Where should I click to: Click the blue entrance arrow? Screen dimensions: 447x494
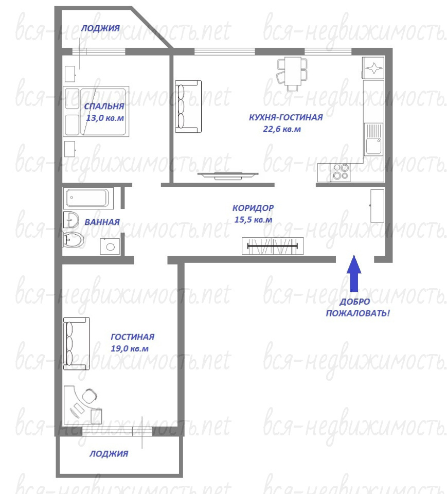pyautogui.click(x=354, y=273)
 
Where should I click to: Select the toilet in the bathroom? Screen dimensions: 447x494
pyautogui.click(x=74, y=240)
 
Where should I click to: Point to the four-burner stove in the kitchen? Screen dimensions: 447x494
pyautogui.click(x=340, y=172)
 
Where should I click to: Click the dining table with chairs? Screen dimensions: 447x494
pyautogui.click(x=292, y=74)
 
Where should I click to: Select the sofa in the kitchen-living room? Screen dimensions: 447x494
pyautogui.click(x=188, y=107)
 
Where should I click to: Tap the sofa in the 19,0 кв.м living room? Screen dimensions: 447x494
pyautogui.click(x=77, y=343)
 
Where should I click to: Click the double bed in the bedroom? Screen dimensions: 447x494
pyautogui.click(x=96, y=111)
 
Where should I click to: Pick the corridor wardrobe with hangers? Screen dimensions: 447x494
pyautogui.click(x=273, y=246)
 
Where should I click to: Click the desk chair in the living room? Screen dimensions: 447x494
pyautogui.click(x=90, y=396)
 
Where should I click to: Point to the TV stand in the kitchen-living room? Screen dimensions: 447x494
pyautogui.click(x=228, y=176)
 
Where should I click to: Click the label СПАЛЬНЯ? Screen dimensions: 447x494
pyautogui.click(x=104, y=106)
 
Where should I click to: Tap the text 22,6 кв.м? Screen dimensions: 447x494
pyautogui.click(x=282, y=129)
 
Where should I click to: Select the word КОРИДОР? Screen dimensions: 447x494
pyautogui.click(x=253, y=208)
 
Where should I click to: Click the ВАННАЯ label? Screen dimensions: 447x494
pyautogui.click(x=102, y=222)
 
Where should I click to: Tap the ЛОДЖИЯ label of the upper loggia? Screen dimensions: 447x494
pyautogui.click(x=100, y=28)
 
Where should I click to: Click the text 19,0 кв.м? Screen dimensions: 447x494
pyautogui.click(x=130, y=348)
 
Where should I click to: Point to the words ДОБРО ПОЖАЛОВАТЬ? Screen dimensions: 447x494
pyautogui.click(x=357, y=308)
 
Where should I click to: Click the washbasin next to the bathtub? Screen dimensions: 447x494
pyautogui.click(x=71, y=220)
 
